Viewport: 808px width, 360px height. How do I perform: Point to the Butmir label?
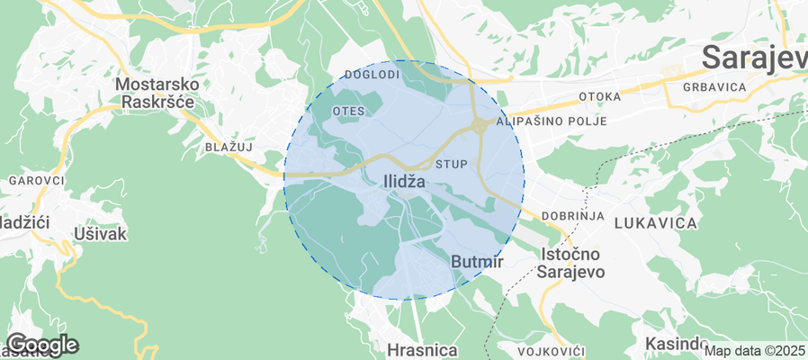tap(476, 261)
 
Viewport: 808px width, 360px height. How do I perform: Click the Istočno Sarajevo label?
tap(570, 263)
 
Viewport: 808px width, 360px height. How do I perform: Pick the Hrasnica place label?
tap(422, 349)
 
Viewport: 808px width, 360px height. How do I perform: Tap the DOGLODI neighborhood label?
tap(372, 75)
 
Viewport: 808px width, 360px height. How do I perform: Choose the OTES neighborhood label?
tap(348, 110)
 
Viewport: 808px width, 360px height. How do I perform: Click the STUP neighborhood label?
tap(452, 165)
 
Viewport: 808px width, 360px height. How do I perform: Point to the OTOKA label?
tap(600, 96)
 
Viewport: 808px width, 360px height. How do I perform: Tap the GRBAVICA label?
tap(715, 87)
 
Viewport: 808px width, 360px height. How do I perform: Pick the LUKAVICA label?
tap(656, 221)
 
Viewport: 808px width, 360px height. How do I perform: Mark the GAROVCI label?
tap(36, 181)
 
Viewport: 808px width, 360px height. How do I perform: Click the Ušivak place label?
tap(99, 234)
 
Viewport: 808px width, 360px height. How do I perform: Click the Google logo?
tap(41, 344)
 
